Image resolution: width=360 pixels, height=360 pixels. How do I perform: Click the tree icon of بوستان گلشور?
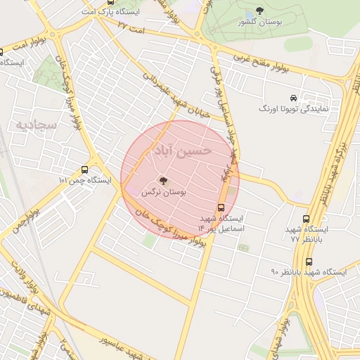[260, 11]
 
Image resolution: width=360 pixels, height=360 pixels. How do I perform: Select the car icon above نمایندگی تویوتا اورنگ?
[292, 98]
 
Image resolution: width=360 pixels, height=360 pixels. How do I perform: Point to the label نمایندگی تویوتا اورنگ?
[292, 110]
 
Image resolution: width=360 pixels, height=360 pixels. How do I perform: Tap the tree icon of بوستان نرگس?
[164, 181]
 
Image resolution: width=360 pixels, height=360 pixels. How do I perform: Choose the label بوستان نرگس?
[163, 192]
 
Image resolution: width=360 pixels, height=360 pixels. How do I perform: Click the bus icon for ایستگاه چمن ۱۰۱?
[84, 169]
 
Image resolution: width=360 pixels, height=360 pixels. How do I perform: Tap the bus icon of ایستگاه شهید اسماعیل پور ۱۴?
[221, 207]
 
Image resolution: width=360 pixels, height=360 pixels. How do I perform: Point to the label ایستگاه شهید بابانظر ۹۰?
[309, 271]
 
